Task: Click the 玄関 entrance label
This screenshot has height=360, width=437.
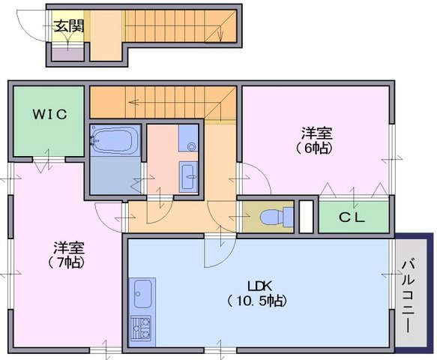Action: pyautogui.click(x=68, y=26)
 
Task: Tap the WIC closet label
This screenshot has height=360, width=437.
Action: pyautogui.click(x=50, y=114)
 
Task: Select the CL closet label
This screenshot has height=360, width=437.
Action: pyautogui.click(x=352, y=217)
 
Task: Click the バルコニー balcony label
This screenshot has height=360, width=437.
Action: pyautogui.click(x=409, y=296)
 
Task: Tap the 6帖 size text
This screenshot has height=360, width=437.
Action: pyautogui.click(x=315, y=148)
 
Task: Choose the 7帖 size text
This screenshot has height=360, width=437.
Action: pyautogui.click(x=66, y=262)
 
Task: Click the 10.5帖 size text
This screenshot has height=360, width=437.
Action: pyautogui.click(x=257, y=301)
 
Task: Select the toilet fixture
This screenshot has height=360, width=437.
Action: pyautogui.click(x=277, y=217)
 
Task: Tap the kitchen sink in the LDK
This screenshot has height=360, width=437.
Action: pyautogui.click(x=142, y=294)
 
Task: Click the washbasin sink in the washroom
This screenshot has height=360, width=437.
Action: pyautogui.click(x=189, y=177)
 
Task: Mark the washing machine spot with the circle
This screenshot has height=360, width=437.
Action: pyautogui.click(x=188, y=138)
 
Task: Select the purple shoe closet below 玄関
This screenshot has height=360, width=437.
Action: pyautogui.click(x=68, y=55)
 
